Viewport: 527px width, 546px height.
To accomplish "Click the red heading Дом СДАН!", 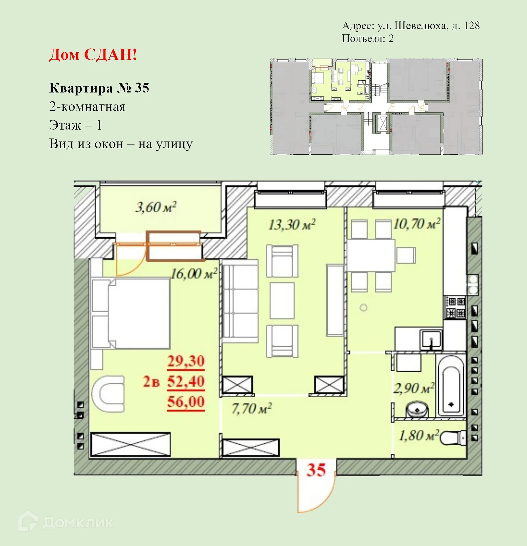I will pyautogui.click(x=93, y=55).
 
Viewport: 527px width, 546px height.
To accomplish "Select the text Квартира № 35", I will pyautogui.click(x=99, y=88).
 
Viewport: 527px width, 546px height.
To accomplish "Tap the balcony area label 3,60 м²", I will pyautogui.click(x=156, y=207).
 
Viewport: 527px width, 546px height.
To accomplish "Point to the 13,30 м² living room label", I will pyautogui.click(x=292, y=225).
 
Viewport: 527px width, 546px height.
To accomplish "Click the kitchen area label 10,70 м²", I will pyautogui.click(x=417, y=224).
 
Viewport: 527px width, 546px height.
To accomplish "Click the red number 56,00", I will pyautogui.click(x=186, y=402).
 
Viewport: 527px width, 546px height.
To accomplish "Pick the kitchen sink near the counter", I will pyautogui.click(x=431, y=340).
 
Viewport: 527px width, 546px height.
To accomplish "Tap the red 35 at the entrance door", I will pyautogui.click(x=316, y=470).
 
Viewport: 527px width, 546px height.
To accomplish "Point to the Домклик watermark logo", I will pyautogui.click(x=66, y=523).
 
